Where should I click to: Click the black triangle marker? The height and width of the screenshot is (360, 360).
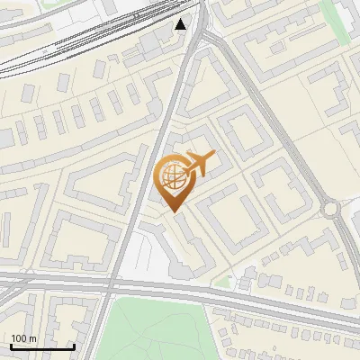click(181, 24)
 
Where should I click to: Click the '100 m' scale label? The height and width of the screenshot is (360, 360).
click(22, 338)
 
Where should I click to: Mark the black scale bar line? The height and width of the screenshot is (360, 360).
click(42, 346)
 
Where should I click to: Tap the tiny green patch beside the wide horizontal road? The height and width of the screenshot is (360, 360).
click(222, 282)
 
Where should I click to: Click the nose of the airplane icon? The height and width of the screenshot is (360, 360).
click(213, 156)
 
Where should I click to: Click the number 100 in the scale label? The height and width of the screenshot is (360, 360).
click(19, 338)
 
